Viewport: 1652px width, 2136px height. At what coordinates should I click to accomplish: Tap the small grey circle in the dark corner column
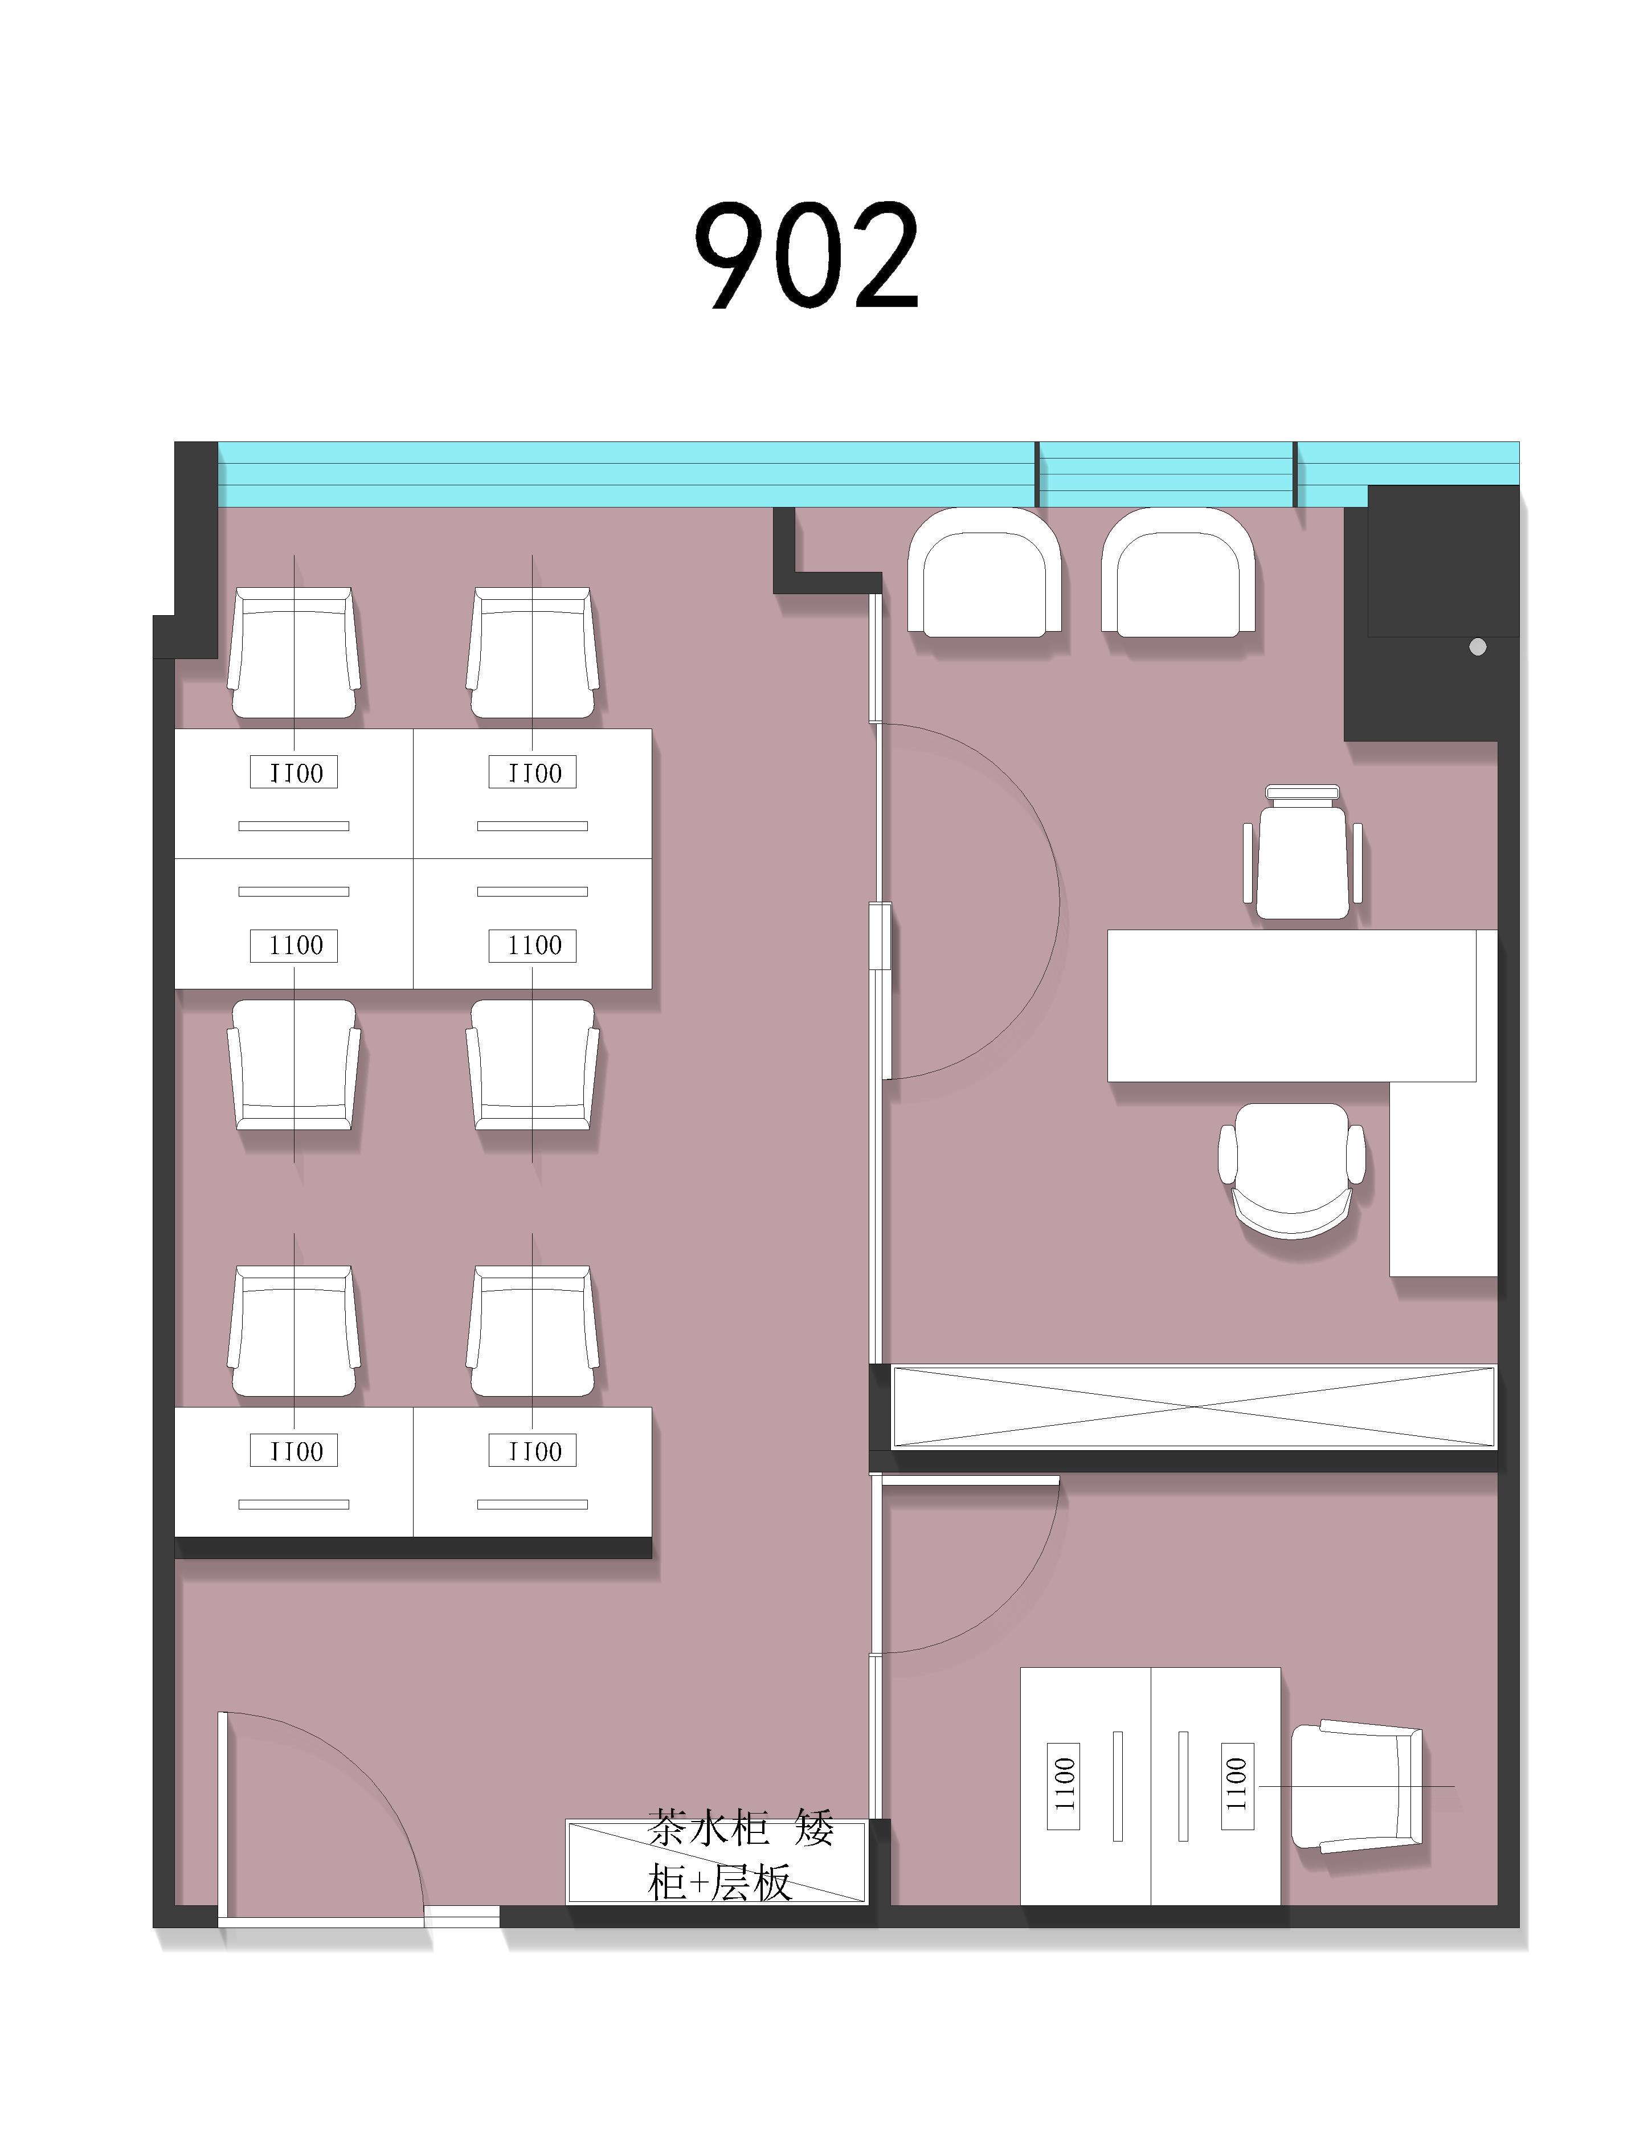[x=1477, y=646]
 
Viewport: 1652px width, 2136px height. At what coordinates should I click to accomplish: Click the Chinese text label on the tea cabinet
[x=741, y=1854]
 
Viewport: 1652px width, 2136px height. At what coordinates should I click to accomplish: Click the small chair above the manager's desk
[x=1302, y=853]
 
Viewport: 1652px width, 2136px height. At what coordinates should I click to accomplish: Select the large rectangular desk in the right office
[x=1291, y=1005]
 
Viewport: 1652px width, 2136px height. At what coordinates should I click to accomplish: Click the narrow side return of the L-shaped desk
[x=1444, y=1179]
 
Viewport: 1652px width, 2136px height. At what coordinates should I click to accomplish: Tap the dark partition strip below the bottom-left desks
[x=413, y=1547]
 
